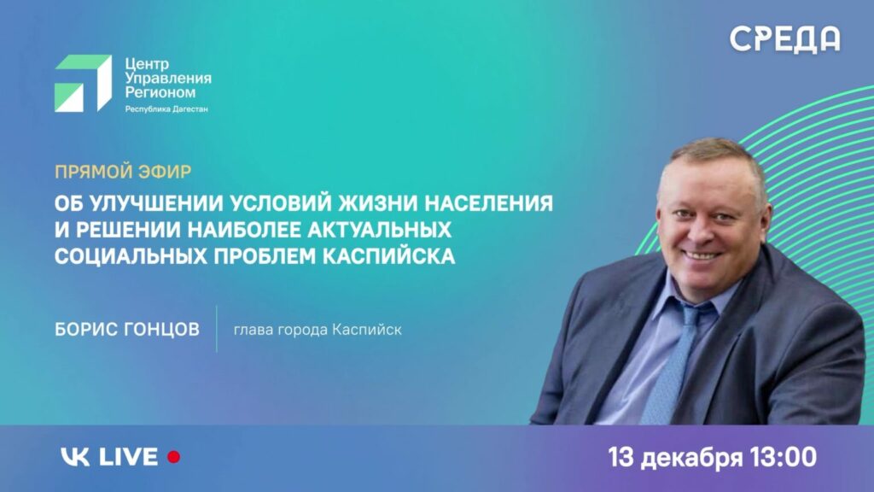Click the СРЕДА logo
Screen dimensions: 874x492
point(785,39)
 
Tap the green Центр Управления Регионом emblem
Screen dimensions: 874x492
point(83,83)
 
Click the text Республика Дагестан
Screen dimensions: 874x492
point(166,109)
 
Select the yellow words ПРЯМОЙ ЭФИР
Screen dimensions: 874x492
point(123,171)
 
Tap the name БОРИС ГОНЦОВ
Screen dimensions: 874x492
point(127,330)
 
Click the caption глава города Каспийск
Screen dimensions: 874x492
point(318,330)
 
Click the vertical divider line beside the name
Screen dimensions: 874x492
point(217,329)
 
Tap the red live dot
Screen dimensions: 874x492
point(174,457)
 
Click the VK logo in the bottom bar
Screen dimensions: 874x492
point(75,457)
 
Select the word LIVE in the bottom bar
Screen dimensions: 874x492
point(129,457)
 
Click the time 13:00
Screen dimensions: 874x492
point(784,458)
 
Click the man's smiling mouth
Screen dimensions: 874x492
point(702,256)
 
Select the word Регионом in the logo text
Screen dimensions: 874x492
point(160,92)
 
